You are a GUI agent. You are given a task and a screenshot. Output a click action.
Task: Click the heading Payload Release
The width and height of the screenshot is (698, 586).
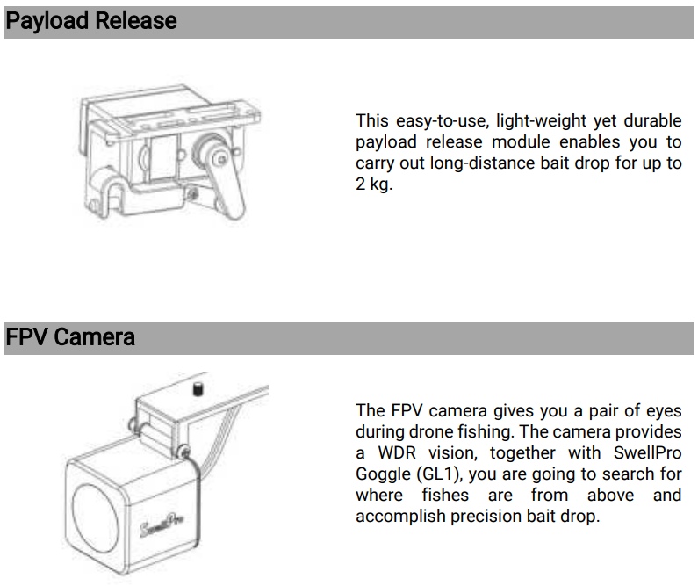[91, 21]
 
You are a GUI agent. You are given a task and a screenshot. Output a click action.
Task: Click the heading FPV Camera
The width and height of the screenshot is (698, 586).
[70, 337]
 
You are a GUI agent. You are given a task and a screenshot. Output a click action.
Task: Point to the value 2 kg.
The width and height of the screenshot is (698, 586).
[374, 184]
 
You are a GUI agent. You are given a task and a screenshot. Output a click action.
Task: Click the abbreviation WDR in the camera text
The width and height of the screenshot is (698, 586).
[397, 452]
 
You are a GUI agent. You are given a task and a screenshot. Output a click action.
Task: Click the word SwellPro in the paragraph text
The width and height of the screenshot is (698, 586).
[648, 452]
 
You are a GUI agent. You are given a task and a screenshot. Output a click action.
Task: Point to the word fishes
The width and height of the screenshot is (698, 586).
[445, 496]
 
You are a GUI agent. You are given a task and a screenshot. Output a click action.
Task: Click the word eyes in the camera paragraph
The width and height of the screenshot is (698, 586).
[663, 411]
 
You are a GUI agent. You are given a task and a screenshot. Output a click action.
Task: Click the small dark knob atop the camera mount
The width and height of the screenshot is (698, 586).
[198, 388]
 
